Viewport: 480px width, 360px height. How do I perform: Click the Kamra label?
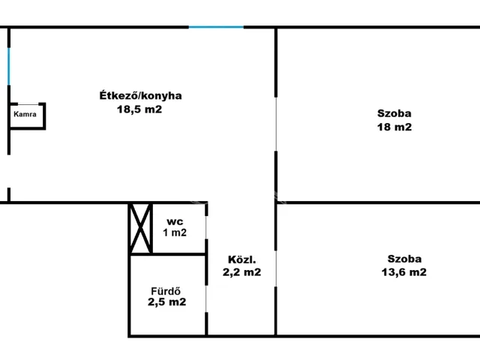(25, 114)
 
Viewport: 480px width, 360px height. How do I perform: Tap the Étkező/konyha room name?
(140, 95)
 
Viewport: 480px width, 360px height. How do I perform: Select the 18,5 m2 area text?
(139, 109)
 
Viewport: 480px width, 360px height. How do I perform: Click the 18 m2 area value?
(394, 127)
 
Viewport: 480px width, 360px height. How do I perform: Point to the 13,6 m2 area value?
(403, 272)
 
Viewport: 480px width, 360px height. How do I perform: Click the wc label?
(175, 221)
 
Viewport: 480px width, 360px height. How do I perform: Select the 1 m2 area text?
(175, 232)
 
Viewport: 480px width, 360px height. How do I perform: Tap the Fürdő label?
(166, 291)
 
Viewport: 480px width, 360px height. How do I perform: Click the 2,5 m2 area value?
(166, 301)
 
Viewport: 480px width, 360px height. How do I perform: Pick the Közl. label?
(241, 259)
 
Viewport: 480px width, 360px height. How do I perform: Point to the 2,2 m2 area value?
(241, 272)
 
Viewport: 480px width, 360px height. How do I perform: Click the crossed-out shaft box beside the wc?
(140, 228)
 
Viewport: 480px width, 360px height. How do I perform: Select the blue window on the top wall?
(216, 27)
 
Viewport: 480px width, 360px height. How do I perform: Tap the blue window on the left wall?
(8, 67)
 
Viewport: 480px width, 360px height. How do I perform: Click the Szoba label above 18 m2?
(394, 113)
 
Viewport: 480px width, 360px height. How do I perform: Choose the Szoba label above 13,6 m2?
(404, 259)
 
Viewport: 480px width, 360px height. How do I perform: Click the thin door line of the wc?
(206, 227)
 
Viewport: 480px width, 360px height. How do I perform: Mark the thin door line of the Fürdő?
(206, 298)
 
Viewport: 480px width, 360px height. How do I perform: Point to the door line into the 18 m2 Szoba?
(276, 124)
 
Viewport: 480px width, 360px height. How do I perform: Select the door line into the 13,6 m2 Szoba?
(276, 268)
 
